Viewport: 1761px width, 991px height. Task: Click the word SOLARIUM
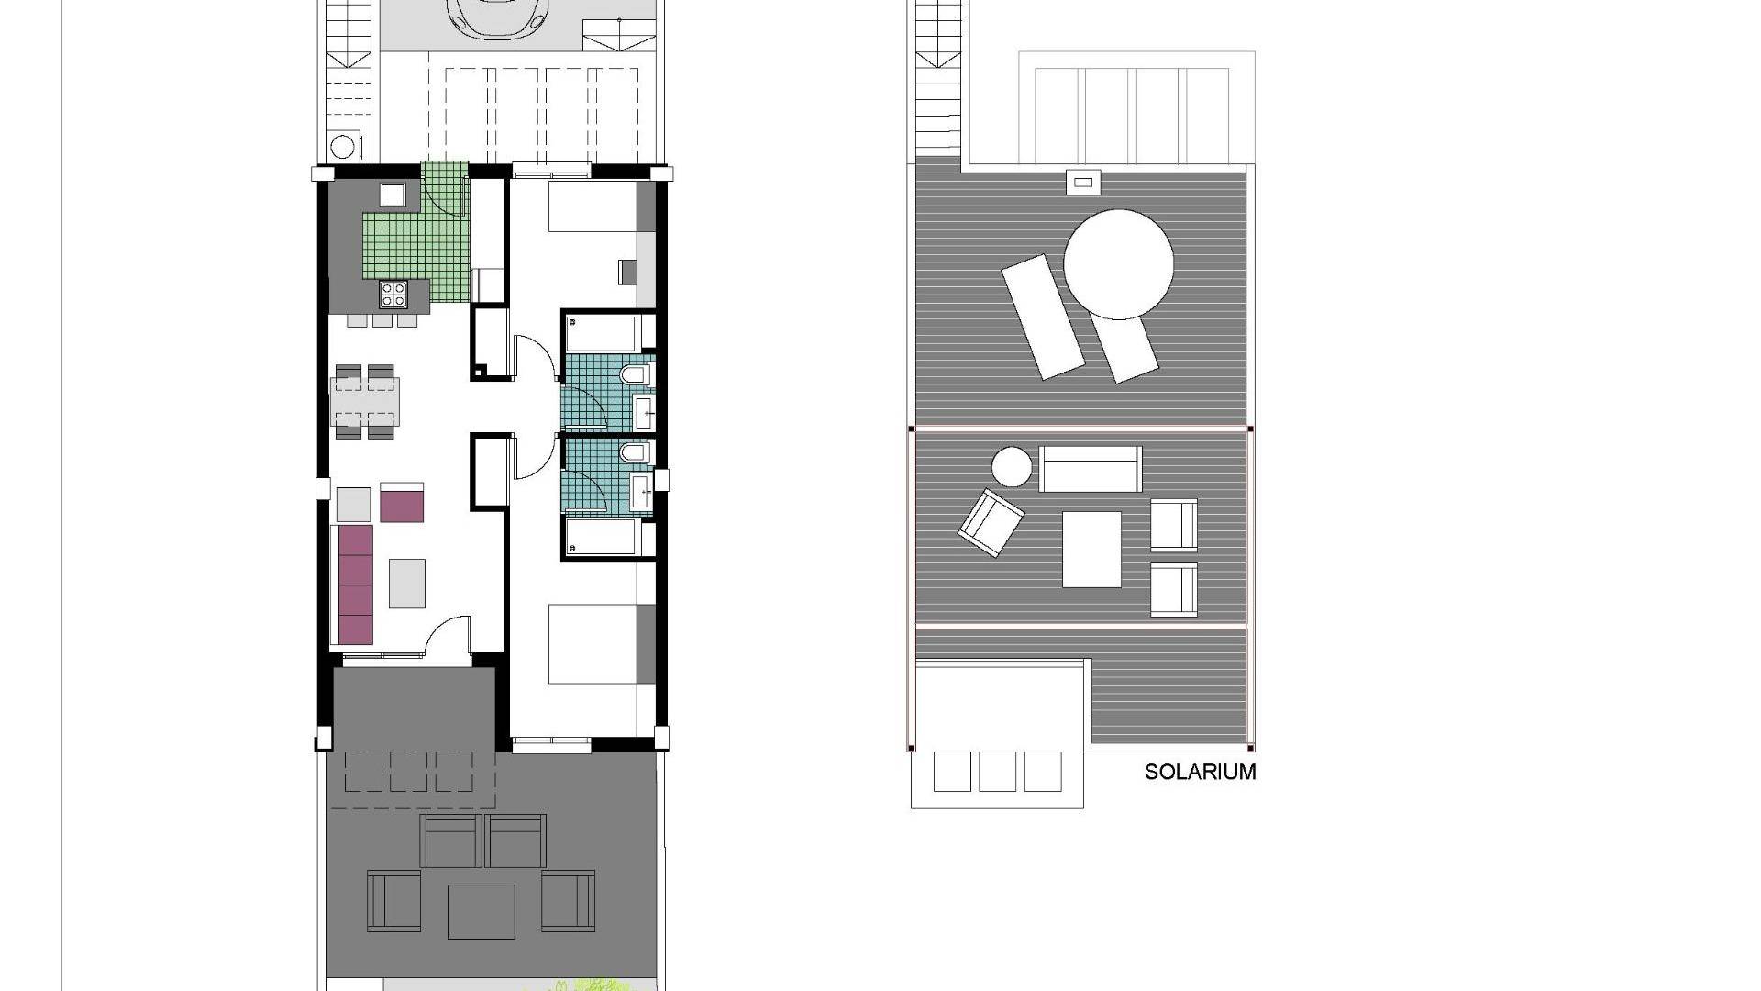pos(1200,772)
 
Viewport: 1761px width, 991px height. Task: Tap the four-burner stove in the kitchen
pos(393,294)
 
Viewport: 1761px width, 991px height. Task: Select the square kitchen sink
pos(393,195)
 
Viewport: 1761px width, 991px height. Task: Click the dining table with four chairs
pos(365,402)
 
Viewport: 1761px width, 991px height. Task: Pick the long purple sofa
pos(356,585)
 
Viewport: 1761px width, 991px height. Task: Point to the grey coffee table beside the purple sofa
pos(407,584)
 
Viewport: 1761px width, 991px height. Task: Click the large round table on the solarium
pos(1118,264)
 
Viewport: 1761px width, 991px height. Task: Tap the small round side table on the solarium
pos(1012,467)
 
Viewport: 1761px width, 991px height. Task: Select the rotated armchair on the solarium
pos(991,522)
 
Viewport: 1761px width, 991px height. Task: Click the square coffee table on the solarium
pos(1091,549)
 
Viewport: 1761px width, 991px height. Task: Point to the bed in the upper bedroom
pos(593,206)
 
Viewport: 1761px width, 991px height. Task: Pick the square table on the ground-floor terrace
pos(482,911)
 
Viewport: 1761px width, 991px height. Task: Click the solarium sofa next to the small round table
pos(1091,469)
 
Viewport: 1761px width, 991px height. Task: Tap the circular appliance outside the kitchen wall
pos(344,148)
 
